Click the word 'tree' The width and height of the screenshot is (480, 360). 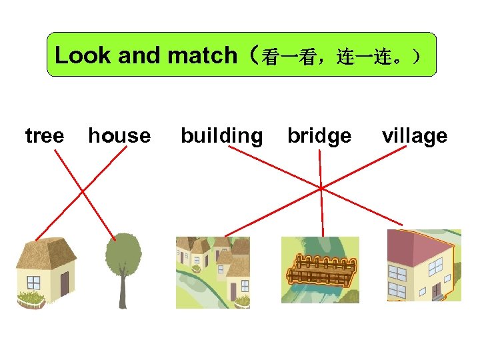(x=44, y=136)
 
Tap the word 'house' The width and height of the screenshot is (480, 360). (x=119, y=136)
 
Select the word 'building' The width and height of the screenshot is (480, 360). (x=221, y=136)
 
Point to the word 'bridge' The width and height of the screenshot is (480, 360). (x=319, y=136)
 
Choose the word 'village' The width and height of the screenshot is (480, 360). (x=414, y=136)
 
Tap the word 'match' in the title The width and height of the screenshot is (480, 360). (x=203, y=55)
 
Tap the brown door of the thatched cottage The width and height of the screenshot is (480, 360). (x=65, y=284)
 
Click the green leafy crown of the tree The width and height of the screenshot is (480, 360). (x=123, y=253)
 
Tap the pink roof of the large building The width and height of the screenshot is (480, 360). (x=417, y=244)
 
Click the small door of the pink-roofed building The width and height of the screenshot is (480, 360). (x=437, y=291)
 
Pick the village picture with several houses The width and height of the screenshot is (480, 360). (x=212, y=272)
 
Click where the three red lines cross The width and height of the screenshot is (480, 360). (x=321, y=188)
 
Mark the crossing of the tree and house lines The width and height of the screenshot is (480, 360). (x=83, y=191)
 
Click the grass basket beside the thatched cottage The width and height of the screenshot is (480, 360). (x=29, y=299)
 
